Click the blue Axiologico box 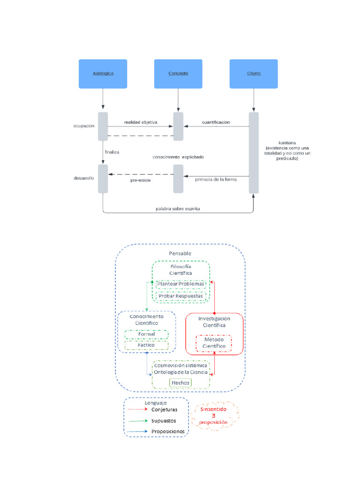[103, 74]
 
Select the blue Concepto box [178, 74]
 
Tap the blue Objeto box [254, 74]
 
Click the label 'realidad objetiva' [141, 122]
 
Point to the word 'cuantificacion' [216, 122]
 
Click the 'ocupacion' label [84, 126]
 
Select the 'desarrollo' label [84, 178]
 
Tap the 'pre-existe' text [141, 180]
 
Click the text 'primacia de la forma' [216, 179]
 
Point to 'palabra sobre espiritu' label [178, 209]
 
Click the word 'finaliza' [112, 152]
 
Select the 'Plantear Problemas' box [181, 284]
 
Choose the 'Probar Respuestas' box [181, 296]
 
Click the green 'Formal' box [146, 334]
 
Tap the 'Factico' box [146, 345]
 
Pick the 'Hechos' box [180, 383]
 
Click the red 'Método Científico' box [214, 343]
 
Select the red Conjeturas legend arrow [137, 409]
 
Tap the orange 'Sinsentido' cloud [214, 415]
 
